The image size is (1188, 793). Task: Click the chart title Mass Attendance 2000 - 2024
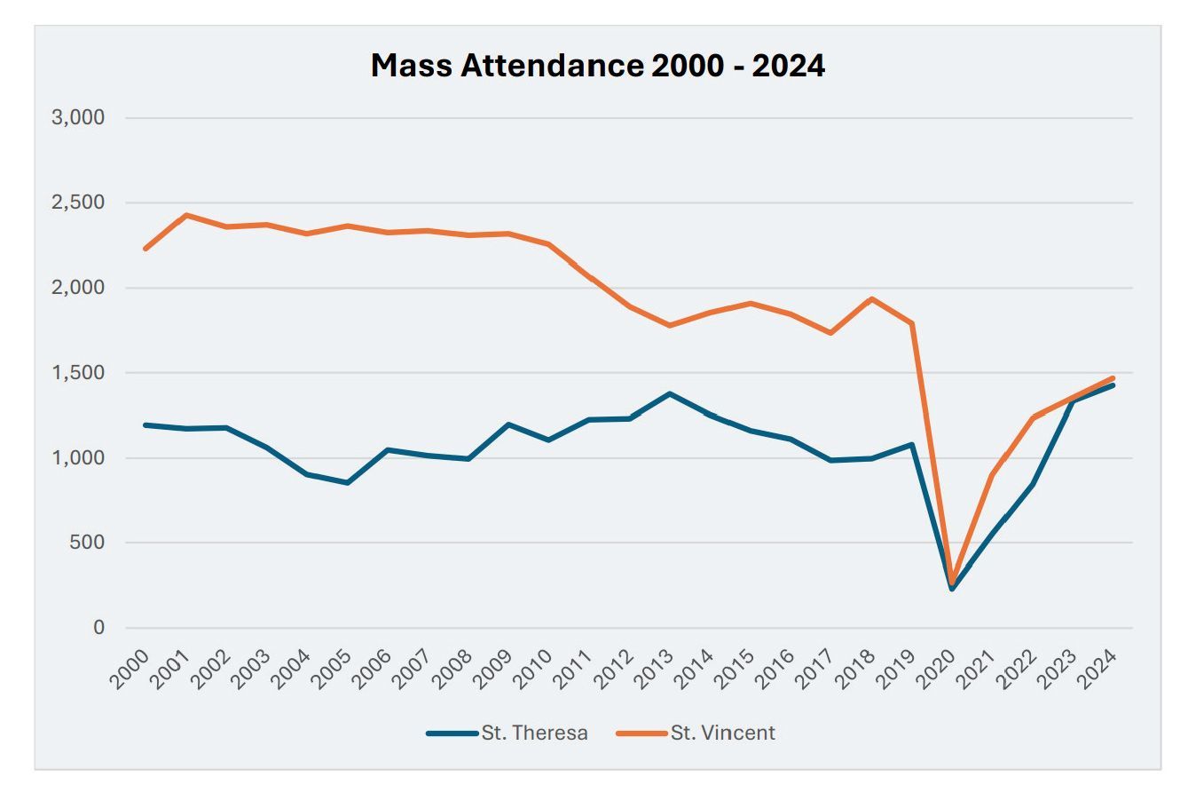click(x=597, y=66)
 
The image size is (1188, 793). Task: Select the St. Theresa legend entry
click(x=507, y=734)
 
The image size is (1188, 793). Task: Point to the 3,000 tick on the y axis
click(x=79, y=118)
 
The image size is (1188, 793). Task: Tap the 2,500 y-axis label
click(x=79, y=203)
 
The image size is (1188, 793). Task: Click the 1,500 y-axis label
click(x=79, y=373)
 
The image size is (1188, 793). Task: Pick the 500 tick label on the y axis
click(x=86, y=543)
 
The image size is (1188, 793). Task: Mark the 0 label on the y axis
click(x=98, y=628)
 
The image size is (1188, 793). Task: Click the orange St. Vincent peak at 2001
click(x=186, y=215)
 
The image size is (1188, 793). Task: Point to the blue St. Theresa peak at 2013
click(x=670, y=393)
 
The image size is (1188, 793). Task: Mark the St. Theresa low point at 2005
click(x=347, y=483)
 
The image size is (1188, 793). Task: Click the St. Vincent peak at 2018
click(x=871, y=299)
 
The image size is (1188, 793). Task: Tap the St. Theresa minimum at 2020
click(x=952, y=589)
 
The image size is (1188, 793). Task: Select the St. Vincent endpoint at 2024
click(x=1113, y=378)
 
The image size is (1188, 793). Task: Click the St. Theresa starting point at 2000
click(x=146, y=425)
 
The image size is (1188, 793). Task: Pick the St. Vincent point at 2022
click(x=1033, y=417)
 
